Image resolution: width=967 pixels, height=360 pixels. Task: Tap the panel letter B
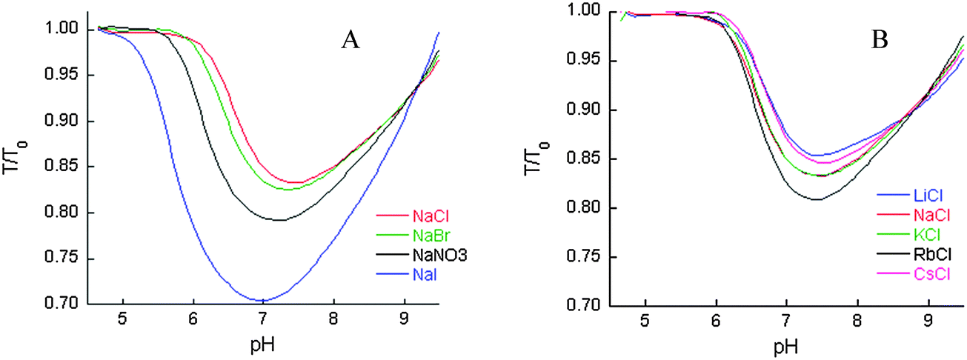tap(880, 41)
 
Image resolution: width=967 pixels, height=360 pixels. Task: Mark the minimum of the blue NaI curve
tap(262, 300)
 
